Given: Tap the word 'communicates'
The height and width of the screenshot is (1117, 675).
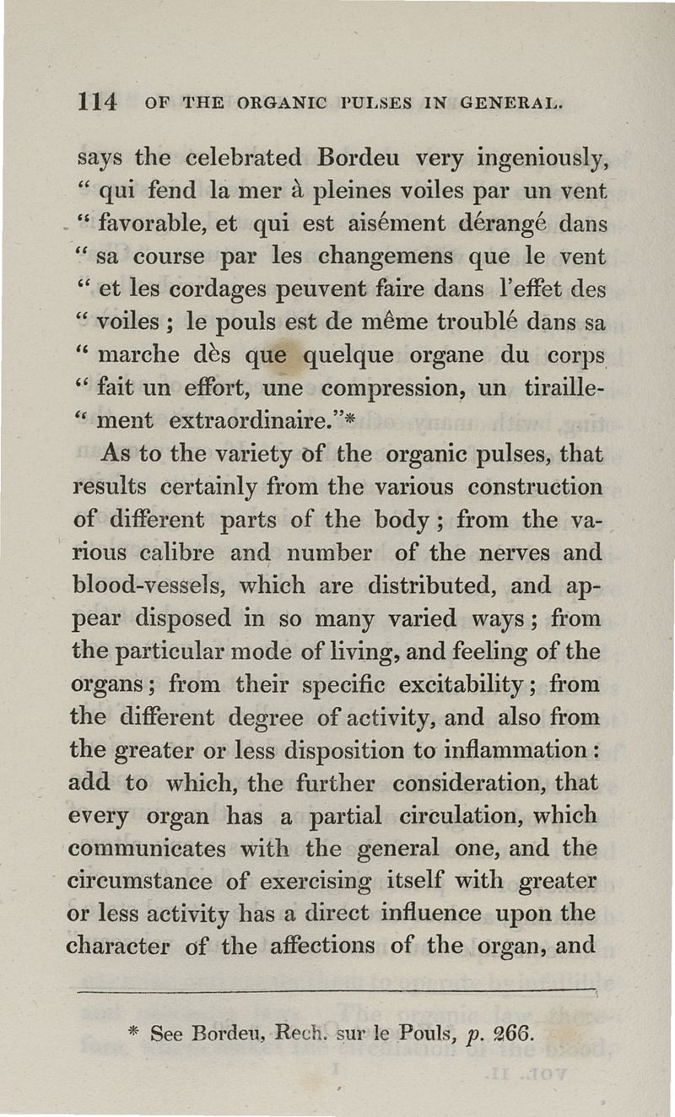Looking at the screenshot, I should pyautogui.click(x=147, y=849).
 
